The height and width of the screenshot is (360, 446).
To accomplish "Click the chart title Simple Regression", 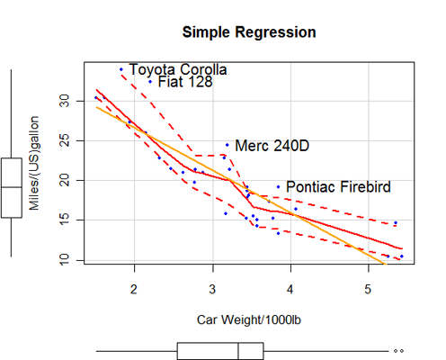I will [249, 32].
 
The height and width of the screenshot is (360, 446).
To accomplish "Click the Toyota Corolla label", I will [178, 69].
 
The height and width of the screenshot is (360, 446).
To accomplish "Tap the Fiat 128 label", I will [184, 82].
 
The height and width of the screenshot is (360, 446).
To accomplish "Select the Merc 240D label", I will [272, 146].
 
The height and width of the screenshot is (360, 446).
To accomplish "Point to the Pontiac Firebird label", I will [338, 187].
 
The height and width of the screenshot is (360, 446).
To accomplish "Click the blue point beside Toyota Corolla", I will [121, 69].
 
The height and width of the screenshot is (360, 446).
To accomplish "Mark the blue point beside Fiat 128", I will [150, 81].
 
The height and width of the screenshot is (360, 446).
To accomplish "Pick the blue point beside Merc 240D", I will [227, 145].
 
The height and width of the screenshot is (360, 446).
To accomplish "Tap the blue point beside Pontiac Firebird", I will [278, 186].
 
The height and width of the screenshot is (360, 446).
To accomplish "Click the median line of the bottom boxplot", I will [238, 351].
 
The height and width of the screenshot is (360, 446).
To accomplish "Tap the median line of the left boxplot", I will [11, 186].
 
